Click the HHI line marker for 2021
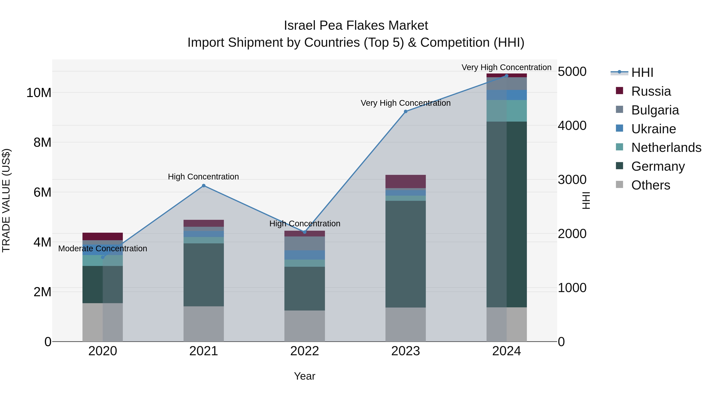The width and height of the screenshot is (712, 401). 204,186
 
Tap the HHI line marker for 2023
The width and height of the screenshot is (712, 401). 405,111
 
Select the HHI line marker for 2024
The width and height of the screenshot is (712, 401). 506,76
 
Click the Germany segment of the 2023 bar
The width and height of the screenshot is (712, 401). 405,254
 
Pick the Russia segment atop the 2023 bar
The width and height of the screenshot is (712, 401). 405,181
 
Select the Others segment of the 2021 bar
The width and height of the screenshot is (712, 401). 204,324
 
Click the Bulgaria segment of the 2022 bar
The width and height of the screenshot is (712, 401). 305,243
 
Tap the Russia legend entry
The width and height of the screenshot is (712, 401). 651,91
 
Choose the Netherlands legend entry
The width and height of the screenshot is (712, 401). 666,148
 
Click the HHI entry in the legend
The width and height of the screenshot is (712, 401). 642,72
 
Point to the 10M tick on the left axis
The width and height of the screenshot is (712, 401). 39,93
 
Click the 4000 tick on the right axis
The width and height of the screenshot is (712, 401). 572,126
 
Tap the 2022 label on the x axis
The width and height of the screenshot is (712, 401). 305,351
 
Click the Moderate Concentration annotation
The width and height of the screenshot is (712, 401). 102,249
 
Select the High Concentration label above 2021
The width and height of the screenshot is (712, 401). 204,177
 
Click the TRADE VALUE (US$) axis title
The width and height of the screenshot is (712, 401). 6,200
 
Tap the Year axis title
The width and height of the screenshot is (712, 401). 305,376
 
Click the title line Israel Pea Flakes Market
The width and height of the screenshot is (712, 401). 356,26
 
